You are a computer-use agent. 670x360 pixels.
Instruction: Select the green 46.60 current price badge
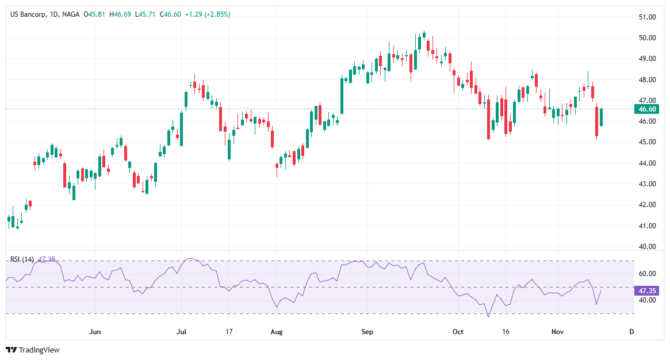click(648, 109)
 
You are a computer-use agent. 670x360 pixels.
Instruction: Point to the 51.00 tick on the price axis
click(648, 17)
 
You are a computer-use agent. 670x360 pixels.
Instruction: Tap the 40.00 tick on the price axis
click(648, 247)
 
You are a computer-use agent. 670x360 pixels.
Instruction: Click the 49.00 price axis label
click(648, 59)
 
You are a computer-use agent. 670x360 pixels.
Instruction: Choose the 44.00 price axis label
click(648, 163)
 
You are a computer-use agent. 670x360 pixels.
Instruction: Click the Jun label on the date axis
click(95, 332)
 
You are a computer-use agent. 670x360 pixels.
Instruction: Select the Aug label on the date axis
click(277, 332)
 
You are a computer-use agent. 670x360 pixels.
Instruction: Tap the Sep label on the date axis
click(367, 332)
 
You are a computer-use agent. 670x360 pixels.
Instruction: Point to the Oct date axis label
click(458, 332)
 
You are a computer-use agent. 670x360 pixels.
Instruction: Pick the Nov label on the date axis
click(557, 332)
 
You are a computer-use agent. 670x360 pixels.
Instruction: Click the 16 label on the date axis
click(506, 332)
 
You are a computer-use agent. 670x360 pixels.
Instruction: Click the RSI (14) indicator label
click(22, 259)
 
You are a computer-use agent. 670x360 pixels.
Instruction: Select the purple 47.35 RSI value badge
click(648, 291)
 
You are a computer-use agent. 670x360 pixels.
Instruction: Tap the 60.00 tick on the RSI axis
click(648, 274)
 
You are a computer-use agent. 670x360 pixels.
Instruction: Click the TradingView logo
click(33, 350)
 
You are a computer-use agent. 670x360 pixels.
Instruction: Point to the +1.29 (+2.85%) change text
click(207, 14)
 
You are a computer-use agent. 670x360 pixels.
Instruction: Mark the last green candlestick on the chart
click(602, 117)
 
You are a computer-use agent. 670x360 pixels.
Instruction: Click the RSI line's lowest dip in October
click(488, 316)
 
